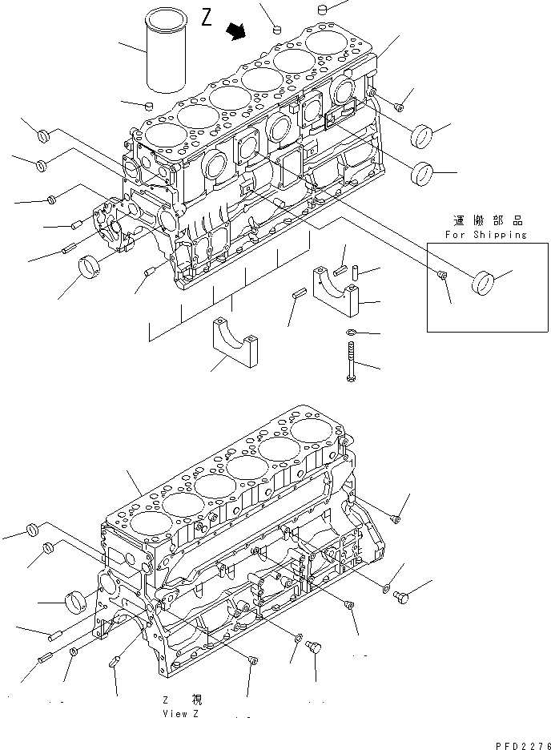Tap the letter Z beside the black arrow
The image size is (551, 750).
(x=207, y=18)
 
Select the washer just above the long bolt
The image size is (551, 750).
(x=350, y=333)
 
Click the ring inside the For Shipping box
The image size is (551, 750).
(x=483, y=283)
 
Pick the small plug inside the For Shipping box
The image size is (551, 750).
(x=443, y=276)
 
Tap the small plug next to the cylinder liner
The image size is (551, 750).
(x=148, y=105)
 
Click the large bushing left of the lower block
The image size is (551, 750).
(x=74, y=601)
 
